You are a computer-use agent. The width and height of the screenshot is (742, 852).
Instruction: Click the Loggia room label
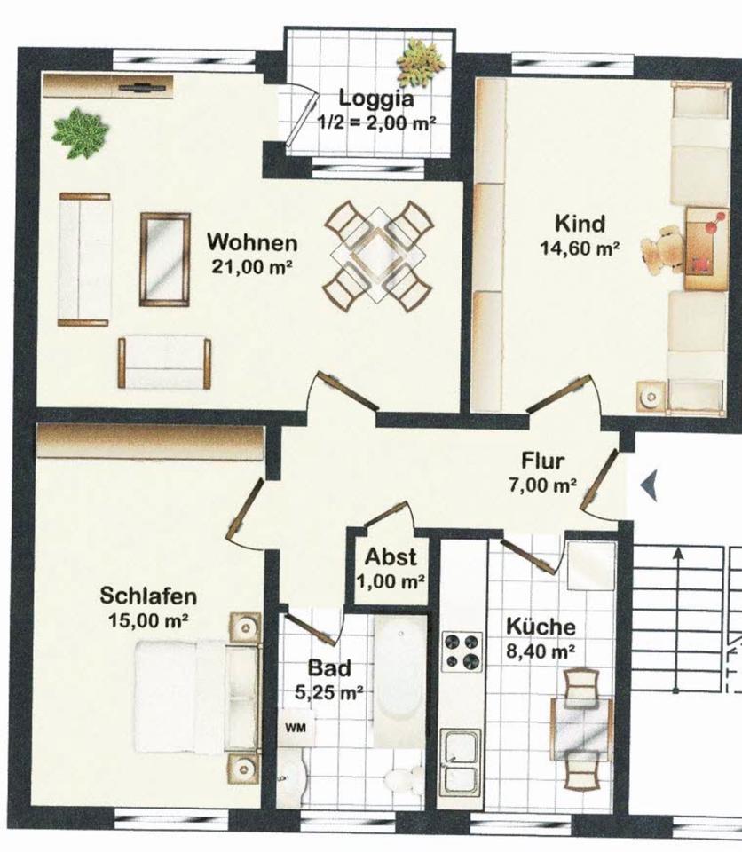tap(375, 99)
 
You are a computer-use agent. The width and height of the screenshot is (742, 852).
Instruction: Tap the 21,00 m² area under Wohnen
tap(253, 265)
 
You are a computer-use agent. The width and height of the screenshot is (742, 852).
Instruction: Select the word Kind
tap(580, 222)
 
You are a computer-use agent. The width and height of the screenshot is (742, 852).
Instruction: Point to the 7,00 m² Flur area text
tap(549, 486)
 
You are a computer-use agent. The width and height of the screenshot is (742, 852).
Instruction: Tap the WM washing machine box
tap(293, 728)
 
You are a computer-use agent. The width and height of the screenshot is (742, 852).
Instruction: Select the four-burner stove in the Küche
tap(462, 651)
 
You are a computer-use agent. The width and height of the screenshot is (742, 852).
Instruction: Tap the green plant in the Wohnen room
tap(80, 133)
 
